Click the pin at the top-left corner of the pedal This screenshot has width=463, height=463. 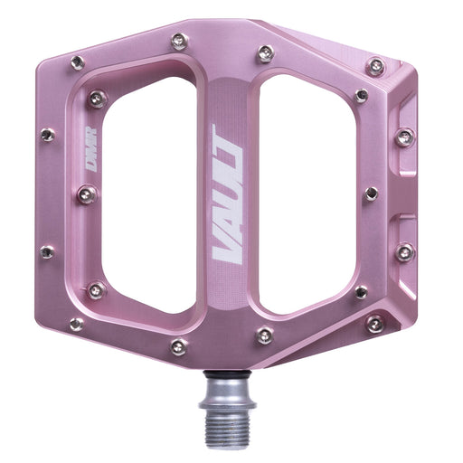coord(78,62)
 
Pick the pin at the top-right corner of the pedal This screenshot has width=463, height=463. coord(375,66)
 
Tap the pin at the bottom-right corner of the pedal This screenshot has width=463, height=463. coord(374,323)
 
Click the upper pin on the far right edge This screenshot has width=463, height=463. coord(404,137)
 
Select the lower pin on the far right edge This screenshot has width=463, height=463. coord(404,251)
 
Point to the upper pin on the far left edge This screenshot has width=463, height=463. coord(47,135)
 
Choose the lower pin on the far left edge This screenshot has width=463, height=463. coord(46,252)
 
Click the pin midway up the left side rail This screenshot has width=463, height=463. coord(87,194)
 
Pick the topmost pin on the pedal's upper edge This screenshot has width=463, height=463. coord(179,41)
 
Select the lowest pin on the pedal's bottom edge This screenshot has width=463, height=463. coord(179,346)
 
